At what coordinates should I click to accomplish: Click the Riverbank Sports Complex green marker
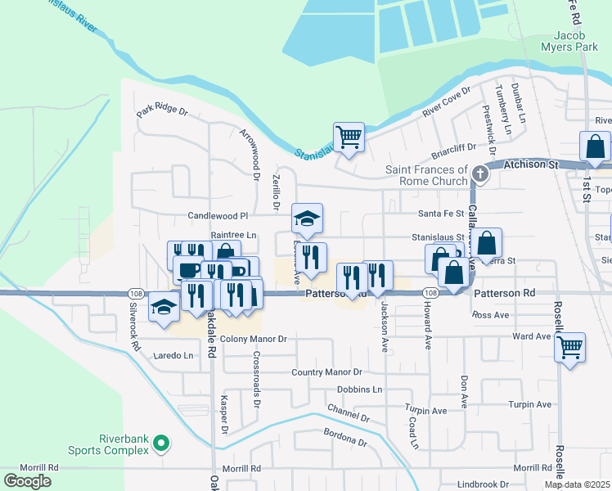161,444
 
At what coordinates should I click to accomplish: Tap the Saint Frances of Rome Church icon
480,173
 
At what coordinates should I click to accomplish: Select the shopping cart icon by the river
349,137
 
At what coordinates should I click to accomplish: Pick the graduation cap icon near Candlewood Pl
308,218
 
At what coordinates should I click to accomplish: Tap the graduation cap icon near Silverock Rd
164,309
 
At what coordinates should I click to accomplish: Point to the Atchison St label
529,164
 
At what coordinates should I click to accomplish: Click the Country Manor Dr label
327,372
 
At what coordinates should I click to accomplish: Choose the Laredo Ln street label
174,356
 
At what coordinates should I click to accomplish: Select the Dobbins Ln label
359,390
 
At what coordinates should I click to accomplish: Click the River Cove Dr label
445,102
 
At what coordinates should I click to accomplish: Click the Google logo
27,480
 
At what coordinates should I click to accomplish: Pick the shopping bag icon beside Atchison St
594,146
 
